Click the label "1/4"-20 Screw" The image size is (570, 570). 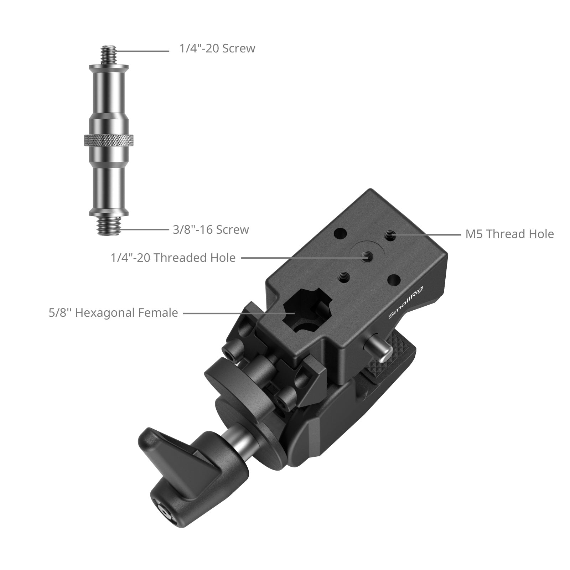point(217,48)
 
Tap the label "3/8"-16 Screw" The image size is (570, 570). point(211,230)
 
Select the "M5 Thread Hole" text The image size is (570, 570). point(509,234)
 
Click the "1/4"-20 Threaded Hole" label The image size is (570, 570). point(173,258)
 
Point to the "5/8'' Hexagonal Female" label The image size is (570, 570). point(113,313)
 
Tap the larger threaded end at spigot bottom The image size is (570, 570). point(109,225)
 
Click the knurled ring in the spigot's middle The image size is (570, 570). point(109,140)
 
